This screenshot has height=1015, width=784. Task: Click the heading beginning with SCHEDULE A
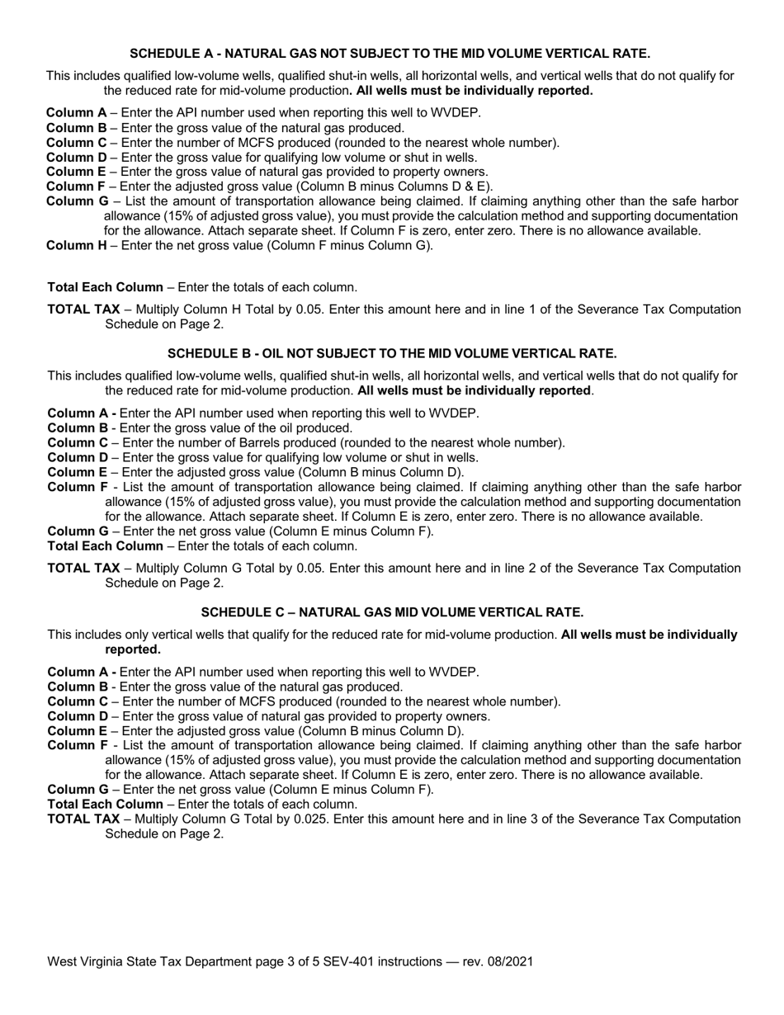coord(390,54)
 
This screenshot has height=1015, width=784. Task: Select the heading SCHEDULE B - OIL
coord(392,353)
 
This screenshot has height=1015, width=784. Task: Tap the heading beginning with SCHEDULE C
coord(392,612)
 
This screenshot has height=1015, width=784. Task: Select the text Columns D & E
coord(451,186)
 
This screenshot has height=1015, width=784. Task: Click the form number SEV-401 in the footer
coord(379,961)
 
